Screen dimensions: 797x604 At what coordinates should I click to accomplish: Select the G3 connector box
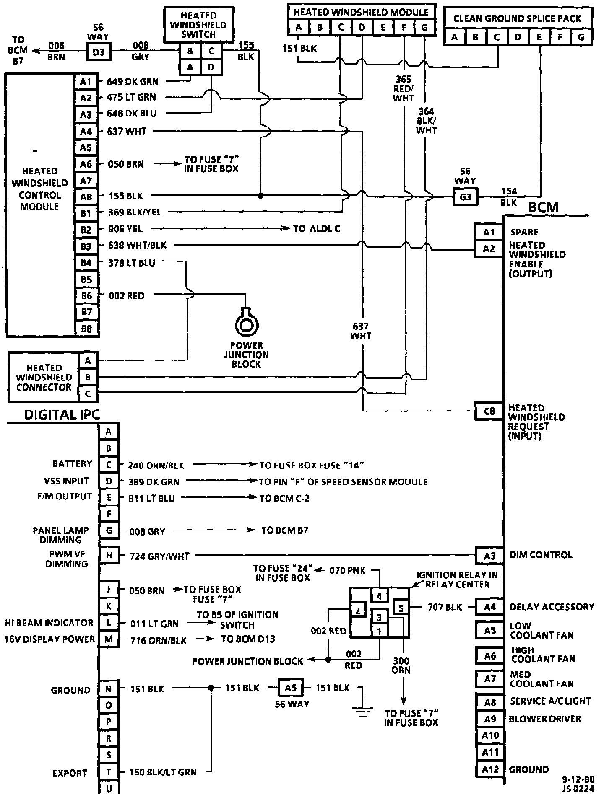[x=466, y=197]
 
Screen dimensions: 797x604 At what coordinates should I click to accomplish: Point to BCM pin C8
[x=489, y=411]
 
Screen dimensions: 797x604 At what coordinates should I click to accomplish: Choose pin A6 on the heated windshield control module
[x=86, y=164]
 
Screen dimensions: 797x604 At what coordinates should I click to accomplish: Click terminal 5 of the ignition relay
[x=401, y=607]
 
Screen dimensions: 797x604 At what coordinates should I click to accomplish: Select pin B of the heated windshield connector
[x=88, y=377]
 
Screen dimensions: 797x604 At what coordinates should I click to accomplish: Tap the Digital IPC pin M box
[x=109, y=639]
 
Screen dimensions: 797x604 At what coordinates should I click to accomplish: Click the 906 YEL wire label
[x=125, y=229]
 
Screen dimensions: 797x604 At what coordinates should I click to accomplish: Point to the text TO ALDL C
[x=317, y=229]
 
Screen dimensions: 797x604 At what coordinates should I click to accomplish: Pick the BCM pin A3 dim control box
[x=489, y=556]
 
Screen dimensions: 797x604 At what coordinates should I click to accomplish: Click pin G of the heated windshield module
[x=424, y=28]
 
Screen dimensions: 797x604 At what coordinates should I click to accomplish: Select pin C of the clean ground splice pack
[x=497, y=37]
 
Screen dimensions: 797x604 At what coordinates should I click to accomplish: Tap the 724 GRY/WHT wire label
[x=159, y=556]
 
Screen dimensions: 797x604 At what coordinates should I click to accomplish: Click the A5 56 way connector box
[x=290, y=688]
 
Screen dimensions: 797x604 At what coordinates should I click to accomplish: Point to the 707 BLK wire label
[x=445, y=607]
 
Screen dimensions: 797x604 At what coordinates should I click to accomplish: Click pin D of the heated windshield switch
[x=211, y=67]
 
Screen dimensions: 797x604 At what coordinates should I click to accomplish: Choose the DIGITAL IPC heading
[x=62, y=415]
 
